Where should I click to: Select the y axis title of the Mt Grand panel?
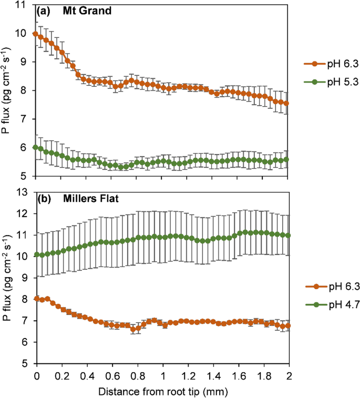tap(7, 90)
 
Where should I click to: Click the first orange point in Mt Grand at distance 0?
tap(35, 34)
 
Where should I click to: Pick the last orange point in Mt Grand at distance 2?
tap(286, 103)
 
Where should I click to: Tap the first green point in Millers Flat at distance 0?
tap(35, 254)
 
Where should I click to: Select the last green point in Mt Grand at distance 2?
tap(286, 159)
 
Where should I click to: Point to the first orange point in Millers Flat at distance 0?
tap(35, 299)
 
